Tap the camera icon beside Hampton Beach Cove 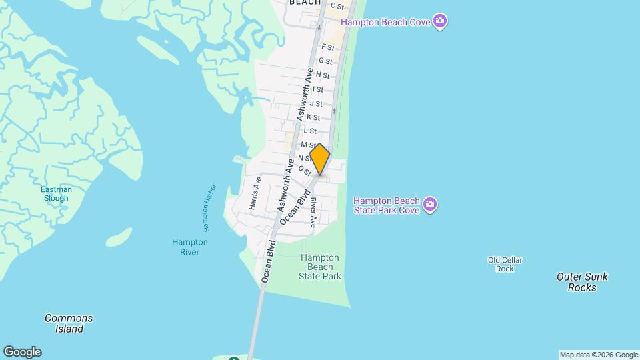[x=439, y=22]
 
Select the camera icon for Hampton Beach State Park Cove [x=430, y=204]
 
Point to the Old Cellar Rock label [x=505, y=265]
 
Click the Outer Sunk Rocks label [x=582, y=282]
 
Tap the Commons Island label [x=69, y=323]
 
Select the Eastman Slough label [x=56, y=194]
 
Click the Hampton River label [x=189, y=247]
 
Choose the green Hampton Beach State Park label [x=320, y=267]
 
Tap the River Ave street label [x=313, y=211]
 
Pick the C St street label [x=337, y=7]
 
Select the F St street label [x=327, y=47]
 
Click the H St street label [x=323, y=75]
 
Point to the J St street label [x=316, y=103]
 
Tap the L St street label [x=309, y=131]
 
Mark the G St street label [x=325, y=61]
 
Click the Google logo [x=22, y=352]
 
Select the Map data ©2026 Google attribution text [x=599, y=355]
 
